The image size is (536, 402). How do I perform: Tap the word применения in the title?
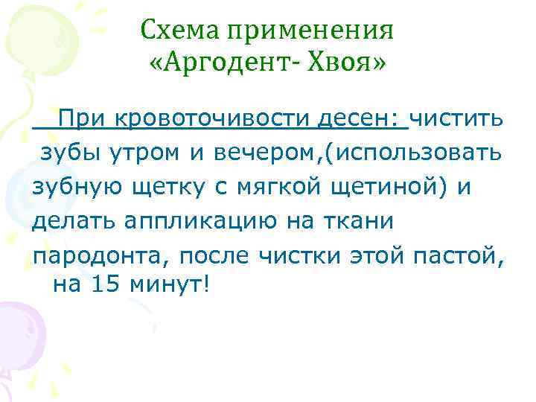[x=310, y=32]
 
